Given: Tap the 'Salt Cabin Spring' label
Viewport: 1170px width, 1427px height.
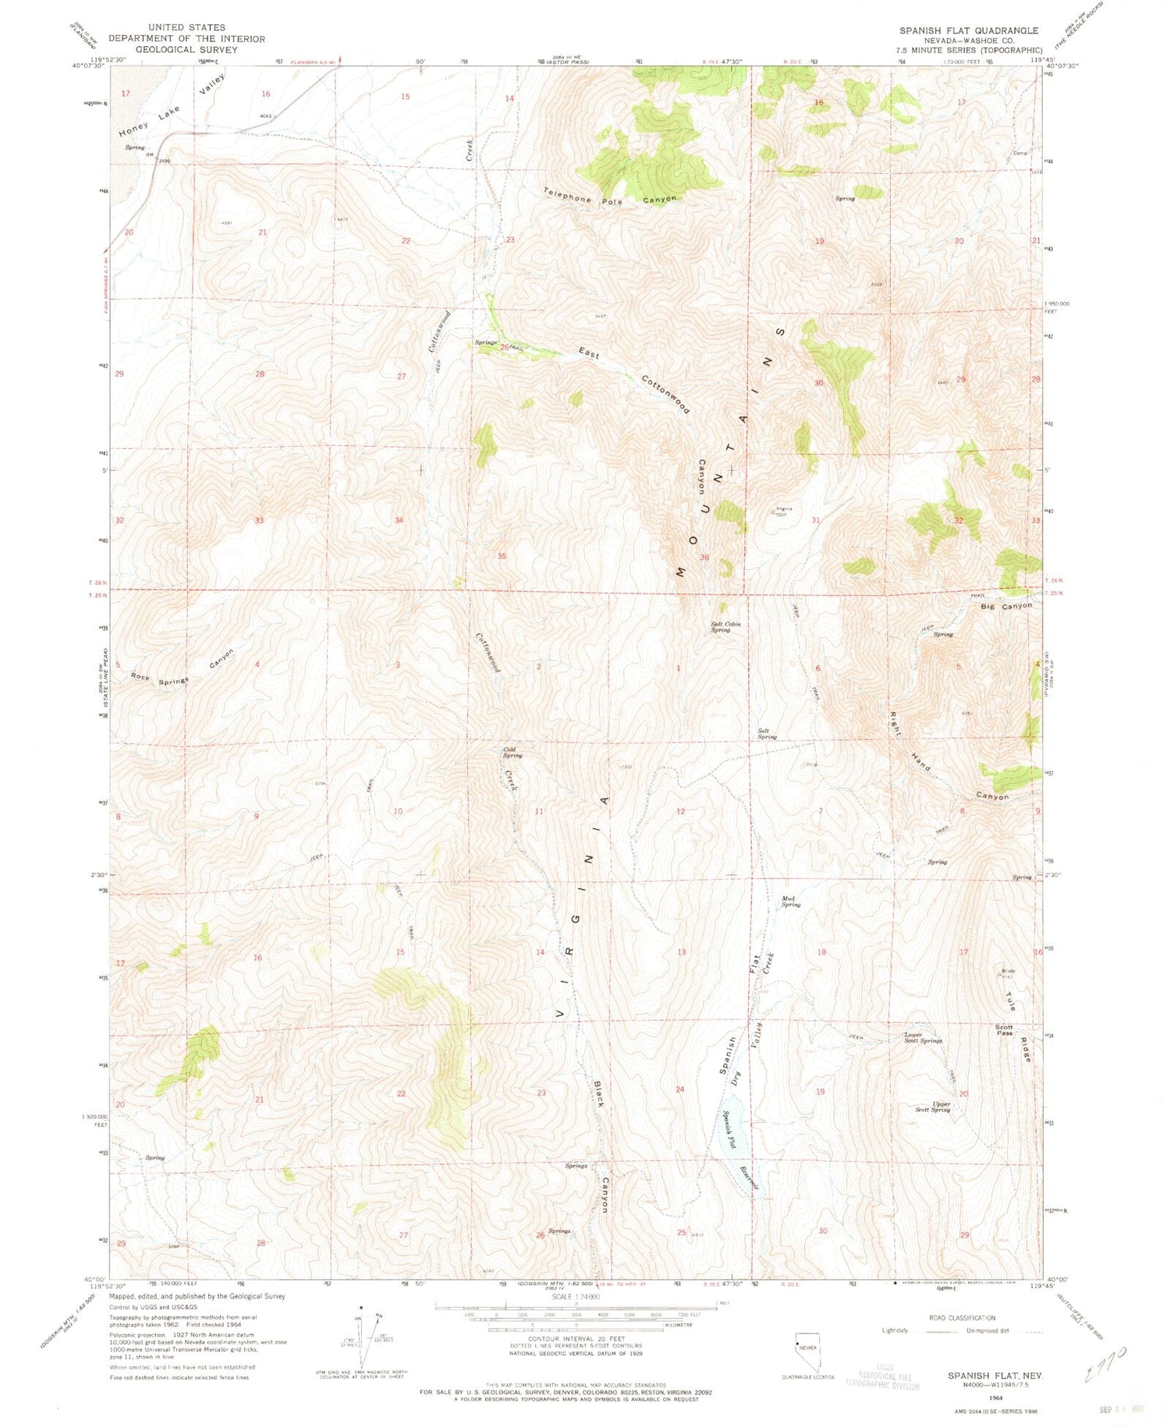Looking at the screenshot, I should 725,627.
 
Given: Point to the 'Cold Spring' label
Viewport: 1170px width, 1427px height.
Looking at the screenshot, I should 512,752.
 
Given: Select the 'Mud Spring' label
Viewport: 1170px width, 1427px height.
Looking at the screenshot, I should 791,901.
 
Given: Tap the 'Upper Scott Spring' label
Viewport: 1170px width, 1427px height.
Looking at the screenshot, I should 933,1107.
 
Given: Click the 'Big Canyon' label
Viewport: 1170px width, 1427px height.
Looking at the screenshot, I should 1006,606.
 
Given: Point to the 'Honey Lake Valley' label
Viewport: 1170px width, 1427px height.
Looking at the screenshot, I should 173,107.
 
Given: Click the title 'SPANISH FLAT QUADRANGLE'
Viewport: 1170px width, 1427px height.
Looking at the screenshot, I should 969,30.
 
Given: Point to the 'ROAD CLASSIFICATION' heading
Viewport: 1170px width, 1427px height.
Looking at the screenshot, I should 961,1317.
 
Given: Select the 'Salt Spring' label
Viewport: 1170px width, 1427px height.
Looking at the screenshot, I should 767,734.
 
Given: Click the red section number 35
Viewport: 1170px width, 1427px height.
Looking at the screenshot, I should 502,556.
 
